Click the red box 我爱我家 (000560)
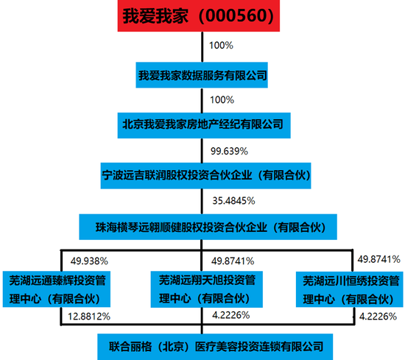point(199,15)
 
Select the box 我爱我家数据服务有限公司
point(202,75)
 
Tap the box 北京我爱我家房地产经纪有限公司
point(204,125)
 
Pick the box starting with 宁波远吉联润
point(206,176)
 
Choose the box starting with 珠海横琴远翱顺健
point(208,227)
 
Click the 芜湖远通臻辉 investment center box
point(57,289)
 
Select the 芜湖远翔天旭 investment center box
point(207,289)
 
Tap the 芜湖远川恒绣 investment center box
point(350,289)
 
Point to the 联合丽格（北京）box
point(215,347)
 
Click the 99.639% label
point(229,151)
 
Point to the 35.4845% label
point(233,201)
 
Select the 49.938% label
point(89,261)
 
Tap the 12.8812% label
point(89,317)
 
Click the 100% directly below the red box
point(221,46)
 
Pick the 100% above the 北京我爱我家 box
point(222,100)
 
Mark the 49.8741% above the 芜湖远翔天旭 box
point(233,261)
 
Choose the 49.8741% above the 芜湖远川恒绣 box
point(378,259)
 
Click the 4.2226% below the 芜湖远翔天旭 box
point(231,315)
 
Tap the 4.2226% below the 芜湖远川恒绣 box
point(378,317)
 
